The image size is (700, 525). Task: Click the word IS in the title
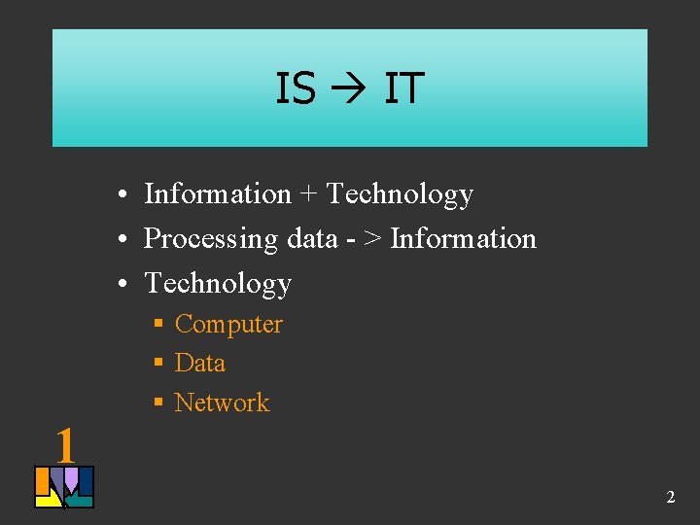coord(296,88)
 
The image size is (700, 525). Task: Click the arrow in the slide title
coord(350,89)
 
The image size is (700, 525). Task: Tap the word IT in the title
coord(403,88)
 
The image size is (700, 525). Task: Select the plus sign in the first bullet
coord(308,194)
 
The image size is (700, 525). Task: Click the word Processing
coord(211,239)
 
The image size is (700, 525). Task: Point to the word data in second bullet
coord(312,238)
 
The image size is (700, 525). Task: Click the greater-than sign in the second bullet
coord(373,238)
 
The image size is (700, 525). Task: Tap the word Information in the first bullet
coord(217,194)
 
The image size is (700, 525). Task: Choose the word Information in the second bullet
coord(463,238)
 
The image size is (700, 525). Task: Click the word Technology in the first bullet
coord(400,195)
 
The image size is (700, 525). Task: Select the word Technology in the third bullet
coord(218,284)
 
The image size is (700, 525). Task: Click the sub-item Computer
coord(228,325)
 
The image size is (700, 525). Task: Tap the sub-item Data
coord(199,364)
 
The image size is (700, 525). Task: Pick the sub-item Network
coord(222,402)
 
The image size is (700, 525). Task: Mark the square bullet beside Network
coord(157,402)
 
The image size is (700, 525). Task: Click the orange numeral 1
coord(65,446)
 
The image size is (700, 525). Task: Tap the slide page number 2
coord(670,498)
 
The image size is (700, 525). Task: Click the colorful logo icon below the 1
coord(64,487)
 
